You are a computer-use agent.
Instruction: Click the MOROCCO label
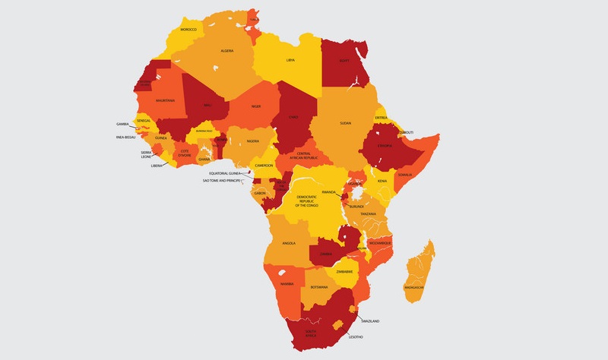click(188, 30)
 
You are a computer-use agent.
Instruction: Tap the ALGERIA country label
click(226, 51)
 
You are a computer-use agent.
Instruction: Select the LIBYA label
click(290, 59)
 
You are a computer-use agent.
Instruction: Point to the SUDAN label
click(345, 122)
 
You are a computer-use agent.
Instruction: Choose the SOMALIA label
click(404, 175)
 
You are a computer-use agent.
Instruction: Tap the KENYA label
click(382, 182)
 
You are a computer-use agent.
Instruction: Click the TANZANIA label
click(369, 214)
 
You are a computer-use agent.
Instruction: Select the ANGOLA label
click(288, 243)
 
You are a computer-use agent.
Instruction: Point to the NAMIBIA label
click(287, 283)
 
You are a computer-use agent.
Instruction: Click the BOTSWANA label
click(320, 287)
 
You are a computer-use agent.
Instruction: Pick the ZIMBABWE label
click(345, 271)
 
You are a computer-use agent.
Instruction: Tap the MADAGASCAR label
click(415, 288)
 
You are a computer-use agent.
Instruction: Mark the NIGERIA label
click(253, 141)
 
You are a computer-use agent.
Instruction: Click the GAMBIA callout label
click(122, 123)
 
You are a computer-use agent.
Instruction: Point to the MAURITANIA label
click(165, 100)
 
